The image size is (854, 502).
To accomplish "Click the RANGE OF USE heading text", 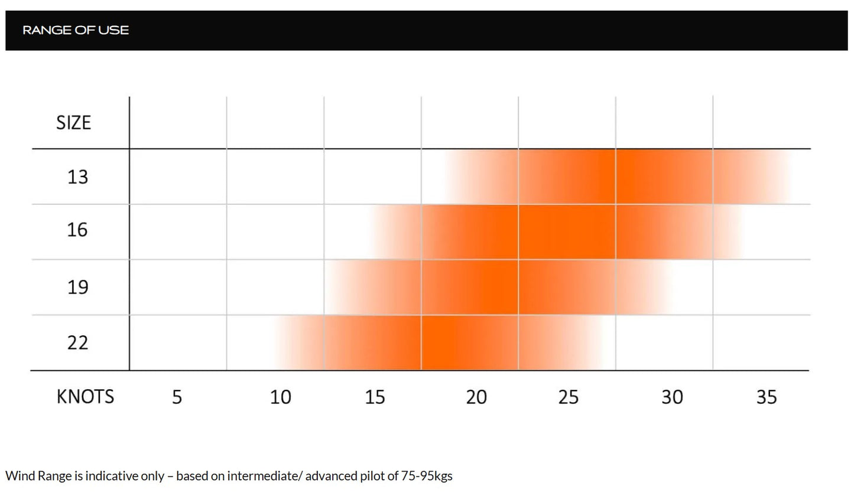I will [76, 30].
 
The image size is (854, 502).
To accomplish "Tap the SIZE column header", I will [73, 123].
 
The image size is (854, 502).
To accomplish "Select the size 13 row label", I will [77, 177].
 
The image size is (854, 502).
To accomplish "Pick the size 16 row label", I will [77, 230].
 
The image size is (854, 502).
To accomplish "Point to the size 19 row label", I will [77, 287].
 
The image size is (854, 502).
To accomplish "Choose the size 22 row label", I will [77, 343].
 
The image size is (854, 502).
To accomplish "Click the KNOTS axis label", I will [85, 396].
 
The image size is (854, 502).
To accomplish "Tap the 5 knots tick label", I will [177, 397].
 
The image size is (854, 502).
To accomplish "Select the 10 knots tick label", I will [280, 397].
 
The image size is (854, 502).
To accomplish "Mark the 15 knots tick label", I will [375, 397].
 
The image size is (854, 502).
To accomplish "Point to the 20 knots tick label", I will [476, 397].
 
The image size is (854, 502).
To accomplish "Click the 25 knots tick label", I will [568, 397].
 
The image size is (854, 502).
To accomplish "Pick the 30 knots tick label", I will [672, 397].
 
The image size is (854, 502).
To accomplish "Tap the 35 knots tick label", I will [767, 397].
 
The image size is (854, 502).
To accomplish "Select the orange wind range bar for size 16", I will [556, 232].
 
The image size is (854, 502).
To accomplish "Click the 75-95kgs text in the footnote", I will [427, 476].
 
